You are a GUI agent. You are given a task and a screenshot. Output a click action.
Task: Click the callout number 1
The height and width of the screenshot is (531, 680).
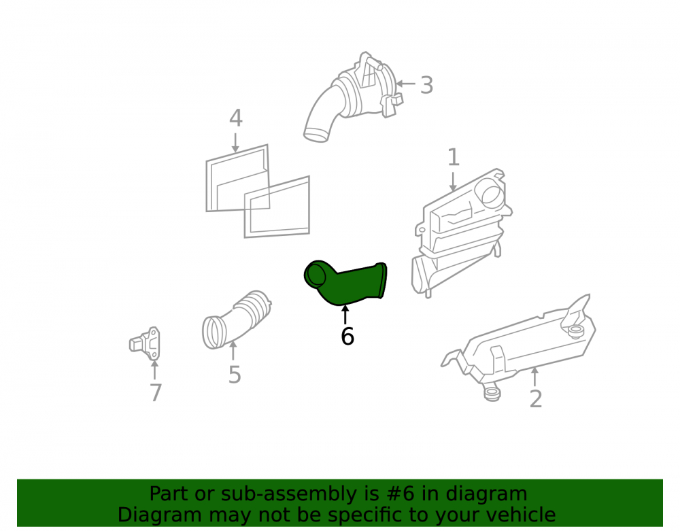pyautogui.click(x=453, y=157)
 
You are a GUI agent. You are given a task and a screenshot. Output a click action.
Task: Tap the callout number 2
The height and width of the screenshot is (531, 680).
pyautogui.click(x=536, y=399)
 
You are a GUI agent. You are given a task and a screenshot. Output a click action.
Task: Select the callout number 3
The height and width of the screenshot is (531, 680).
pyautogui.click(x=427, y=85)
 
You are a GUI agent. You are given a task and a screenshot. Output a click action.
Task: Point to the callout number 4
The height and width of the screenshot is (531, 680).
pyautogui.click(x=235, y=118)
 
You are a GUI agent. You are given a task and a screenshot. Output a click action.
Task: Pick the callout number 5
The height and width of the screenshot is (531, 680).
pyautogui.click(x=235, y=375)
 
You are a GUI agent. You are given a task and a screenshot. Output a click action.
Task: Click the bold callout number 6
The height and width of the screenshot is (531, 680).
pyautogui.click(x=347, y=337)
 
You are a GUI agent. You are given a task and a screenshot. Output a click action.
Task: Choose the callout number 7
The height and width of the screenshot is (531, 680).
pyautogui.click(x=156, y=393)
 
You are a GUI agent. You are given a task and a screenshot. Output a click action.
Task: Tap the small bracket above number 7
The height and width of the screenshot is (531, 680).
pyautogui.click(x=146, y=344)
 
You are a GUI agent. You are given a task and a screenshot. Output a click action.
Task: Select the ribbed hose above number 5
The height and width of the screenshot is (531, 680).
pyautogui.click(x=237, y=320)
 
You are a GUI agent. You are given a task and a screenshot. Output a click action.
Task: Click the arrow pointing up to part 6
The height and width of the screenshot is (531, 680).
pyautogui.click(x=345, y=315)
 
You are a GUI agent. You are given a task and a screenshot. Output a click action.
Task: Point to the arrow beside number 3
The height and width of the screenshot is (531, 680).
pyautogui.click(x=405, y=84)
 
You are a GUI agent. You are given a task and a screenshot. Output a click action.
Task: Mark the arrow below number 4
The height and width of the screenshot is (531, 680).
pyautogui.click(x=235, y=143)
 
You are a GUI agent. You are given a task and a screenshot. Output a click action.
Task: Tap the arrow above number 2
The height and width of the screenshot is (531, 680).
pyautogui.click(x=534, y=377)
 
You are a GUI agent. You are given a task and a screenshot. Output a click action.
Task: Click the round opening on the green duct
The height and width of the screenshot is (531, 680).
pyautogui.click(x=316, y=277)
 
